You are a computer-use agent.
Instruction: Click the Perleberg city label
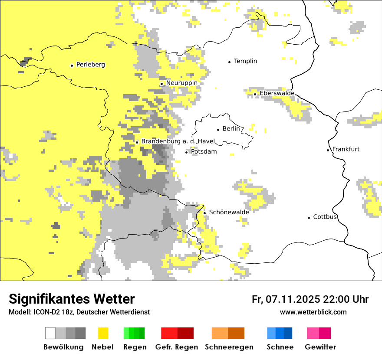(90, 65)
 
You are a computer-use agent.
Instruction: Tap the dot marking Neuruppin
(161, 84)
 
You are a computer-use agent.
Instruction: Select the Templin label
(245, 61)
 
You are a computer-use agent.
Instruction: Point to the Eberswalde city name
(277, 93)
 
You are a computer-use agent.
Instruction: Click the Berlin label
(231, 129)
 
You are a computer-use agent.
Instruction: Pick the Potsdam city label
(204, 152)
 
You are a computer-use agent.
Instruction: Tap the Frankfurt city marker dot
(328, 150)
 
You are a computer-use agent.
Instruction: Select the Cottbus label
(325, 217)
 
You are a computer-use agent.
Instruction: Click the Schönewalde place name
(229, 213)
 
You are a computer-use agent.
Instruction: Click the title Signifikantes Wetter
(72, 299)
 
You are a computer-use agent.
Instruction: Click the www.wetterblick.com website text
(313, 312)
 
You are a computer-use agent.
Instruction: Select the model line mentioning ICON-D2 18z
(79, 312)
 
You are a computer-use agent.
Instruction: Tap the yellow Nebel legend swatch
(103, 333)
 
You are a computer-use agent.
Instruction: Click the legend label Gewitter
(320, 347)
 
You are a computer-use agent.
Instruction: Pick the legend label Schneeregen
(229, 347)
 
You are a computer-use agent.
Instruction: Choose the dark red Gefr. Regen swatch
(185, 333)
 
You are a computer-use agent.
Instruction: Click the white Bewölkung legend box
(50, 333)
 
